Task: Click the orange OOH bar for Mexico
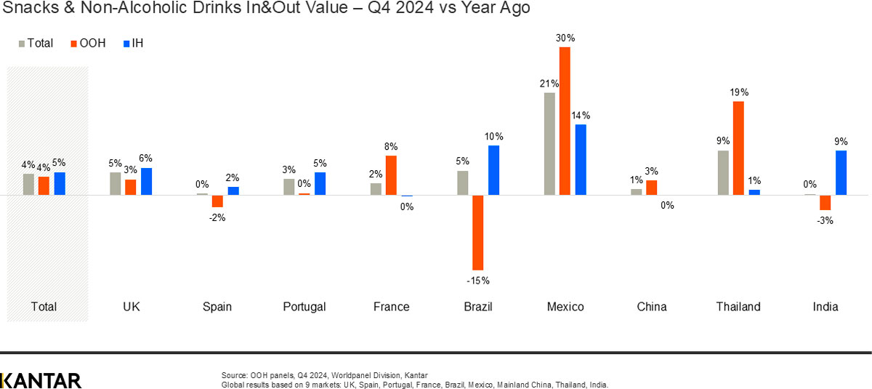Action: tap(565, 121)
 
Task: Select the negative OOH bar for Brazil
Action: tap(478, 233)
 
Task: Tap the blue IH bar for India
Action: tap(841, 172)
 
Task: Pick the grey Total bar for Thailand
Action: tap(723, 172)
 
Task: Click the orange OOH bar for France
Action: tap(391, 175)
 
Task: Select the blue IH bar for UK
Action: tap(147, 181)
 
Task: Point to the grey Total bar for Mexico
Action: tap(549, 144)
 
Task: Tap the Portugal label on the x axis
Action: tap(304, 307)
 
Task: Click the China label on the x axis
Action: tap(652, 307)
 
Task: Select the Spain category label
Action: tap(217, 307)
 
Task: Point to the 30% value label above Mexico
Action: tap(565, 38)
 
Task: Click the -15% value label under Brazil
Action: tap(478, 280)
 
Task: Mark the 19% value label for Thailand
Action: tap(739, 92)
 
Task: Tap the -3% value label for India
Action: tap(825, 220)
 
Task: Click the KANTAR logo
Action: tap(41, 380)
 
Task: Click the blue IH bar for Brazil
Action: tap(494, 170)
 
